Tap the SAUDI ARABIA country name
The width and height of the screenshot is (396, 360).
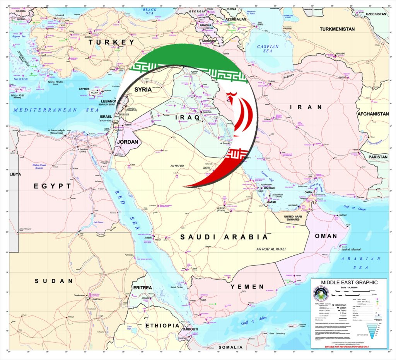coord(224,237)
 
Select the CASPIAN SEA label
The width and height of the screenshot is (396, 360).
coord(268,49)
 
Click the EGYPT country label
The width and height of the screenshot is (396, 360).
coord(53,186)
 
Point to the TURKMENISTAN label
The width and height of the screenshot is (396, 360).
coord(337,29)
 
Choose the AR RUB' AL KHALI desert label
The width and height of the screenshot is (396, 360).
coord(271,249)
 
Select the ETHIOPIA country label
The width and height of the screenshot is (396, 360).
coord(162,326)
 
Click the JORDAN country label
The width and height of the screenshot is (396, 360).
coord(127,142)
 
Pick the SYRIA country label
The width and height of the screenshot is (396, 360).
coord(143,89)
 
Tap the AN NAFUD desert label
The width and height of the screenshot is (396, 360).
coord(178,166)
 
